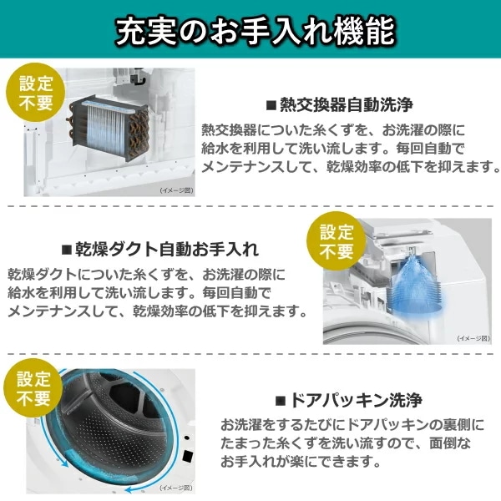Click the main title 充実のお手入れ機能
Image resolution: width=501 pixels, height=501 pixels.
(256, 32)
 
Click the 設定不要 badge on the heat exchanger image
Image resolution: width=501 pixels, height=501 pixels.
(35, 93)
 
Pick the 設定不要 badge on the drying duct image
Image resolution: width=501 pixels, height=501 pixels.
(337, 240)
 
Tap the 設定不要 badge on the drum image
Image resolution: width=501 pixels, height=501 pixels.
(33, 388)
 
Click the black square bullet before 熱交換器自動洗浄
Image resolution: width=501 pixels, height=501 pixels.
(271, 105)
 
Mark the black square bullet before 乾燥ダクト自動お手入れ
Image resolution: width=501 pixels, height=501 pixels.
(67, 250)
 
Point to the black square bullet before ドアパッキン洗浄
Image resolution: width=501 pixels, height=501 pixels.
(281, 400)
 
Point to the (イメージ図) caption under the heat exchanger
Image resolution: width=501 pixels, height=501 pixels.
(177, 190)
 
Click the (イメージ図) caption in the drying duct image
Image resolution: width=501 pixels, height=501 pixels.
(473, 338)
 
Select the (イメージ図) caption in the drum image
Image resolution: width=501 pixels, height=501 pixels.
(176, 488)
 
